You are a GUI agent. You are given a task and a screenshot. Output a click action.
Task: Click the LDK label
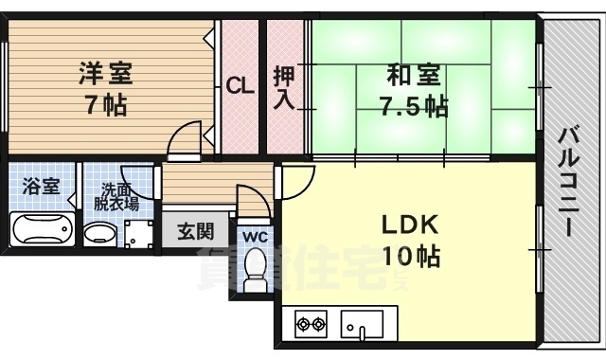pyautogui.click(x=409, y=225)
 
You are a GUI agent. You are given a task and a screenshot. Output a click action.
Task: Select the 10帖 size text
pyautogui.click(x=409, y=256)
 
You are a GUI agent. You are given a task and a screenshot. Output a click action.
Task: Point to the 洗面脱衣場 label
pyautogui.click(x=117, y=194)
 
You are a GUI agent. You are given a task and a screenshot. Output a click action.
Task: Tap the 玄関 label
pyautogui.click(x=195, y=229)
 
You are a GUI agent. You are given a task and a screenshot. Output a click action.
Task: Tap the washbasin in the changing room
pyautogui.click(x=98, y=233)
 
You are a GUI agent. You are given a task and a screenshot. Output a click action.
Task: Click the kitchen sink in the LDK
pyautogui.click(x=361, y=323)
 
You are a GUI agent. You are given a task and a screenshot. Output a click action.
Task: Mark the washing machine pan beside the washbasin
pyautogui.click(x=138, y=232)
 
